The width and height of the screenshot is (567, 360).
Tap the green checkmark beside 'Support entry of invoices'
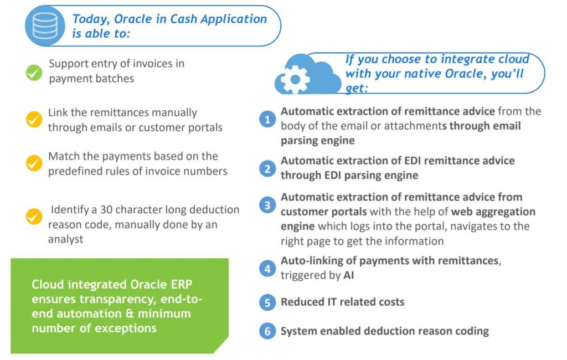[34, 73]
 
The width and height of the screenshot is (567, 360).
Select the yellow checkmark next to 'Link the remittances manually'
[34, 119]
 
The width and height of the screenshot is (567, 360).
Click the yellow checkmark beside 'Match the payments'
[34, 163]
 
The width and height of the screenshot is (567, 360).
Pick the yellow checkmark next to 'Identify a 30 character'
[34, 217]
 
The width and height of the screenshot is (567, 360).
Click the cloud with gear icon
[308, 77]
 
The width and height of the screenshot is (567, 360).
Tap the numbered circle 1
[267, 119]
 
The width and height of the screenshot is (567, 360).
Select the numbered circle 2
[267, 168]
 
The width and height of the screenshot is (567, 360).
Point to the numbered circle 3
[267, 205]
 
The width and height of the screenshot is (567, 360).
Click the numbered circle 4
[267, 269]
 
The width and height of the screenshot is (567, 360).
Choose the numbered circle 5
[267, 302]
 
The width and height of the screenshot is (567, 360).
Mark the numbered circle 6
[267, 331]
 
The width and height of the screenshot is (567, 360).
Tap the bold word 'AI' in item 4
[349, 275]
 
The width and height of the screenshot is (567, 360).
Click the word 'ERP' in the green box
[178, 285]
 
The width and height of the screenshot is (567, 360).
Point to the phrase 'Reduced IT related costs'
[342, 302]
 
